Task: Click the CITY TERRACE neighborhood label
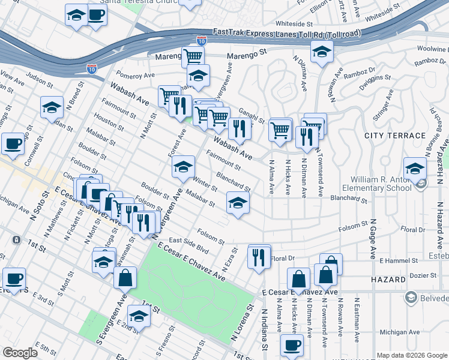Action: click(395, 136)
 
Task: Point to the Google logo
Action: click(20, 352)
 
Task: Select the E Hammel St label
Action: click(399, 260)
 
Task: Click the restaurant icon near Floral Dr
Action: click(259, 257)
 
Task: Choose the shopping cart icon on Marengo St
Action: click(193, 58)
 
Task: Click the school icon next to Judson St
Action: click(52, 107)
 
